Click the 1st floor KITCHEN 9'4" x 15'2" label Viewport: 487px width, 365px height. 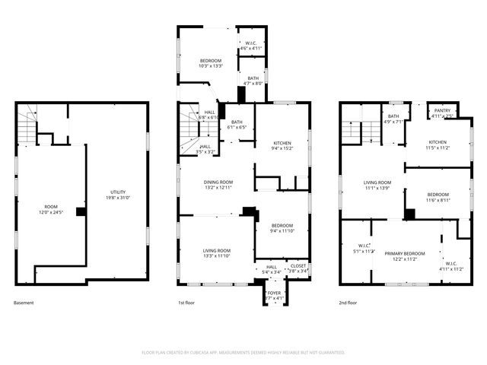pos(282,145)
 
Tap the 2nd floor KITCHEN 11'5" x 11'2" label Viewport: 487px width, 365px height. pos(438,144)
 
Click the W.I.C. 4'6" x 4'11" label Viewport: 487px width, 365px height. pos(250,45)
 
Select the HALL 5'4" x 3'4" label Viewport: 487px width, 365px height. pos(272,268)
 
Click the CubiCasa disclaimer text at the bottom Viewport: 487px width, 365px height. pos(243,352)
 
